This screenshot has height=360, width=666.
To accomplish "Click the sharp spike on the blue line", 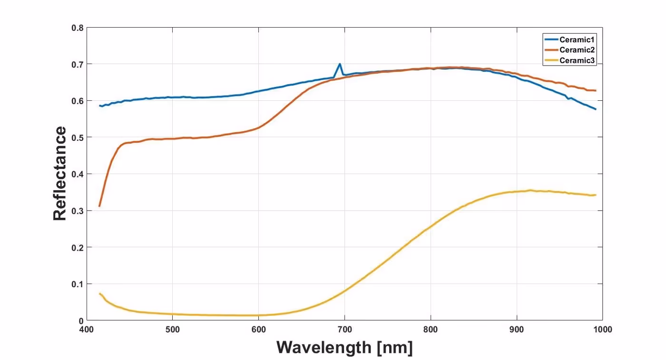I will [x=340, y=64].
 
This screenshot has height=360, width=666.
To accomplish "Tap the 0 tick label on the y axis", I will [x=81, y=321].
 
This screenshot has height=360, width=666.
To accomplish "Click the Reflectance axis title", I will [x=60, y=174].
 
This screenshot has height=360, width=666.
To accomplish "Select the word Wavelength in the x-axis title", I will [x=323, y=347].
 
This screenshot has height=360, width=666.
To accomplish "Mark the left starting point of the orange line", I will [x=99, y=206].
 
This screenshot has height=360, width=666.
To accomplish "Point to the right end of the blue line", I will [x=596, y=109].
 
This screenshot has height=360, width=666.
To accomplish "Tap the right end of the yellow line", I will [x=596, y=195].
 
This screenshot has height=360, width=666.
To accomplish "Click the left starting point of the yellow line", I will [x=99, y=293].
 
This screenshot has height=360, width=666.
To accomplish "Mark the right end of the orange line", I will [x=596, y=90].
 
